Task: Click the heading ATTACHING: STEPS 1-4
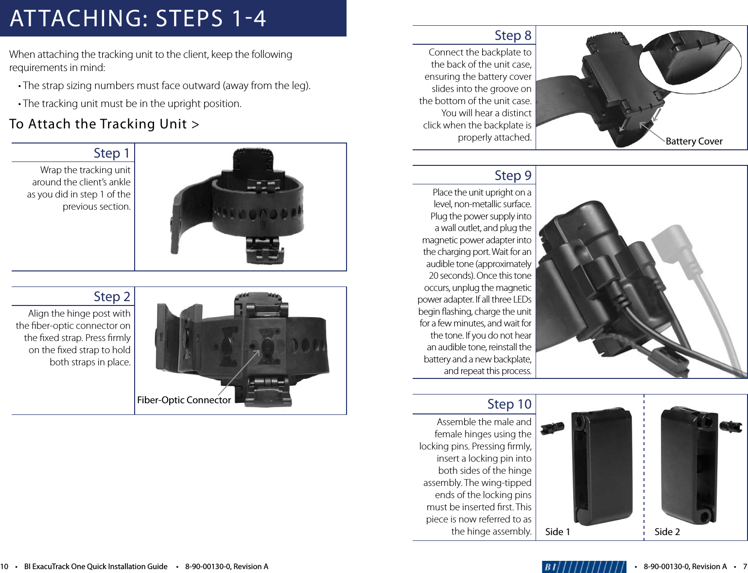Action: point(138,18)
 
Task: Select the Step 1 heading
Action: point(112,153)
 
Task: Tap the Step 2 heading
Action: point(112,297)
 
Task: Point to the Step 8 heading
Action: point(513,36)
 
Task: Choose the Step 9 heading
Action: point(513,176)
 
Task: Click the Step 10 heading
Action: point(509,404)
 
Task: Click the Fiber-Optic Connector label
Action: point(184,400)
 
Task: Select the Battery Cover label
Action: point(694,141)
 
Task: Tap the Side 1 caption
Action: point(557,532)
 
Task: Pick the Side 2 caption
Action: point(667,532)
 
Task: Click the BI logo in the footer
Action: point(584,567)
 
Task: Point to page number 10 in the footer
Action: point(4,567)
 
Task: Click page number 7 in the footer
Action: point(745,567)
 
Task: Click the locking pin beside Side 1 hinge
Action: point(553,428)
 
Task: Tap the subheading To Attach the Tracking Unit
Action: point(104,124)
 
